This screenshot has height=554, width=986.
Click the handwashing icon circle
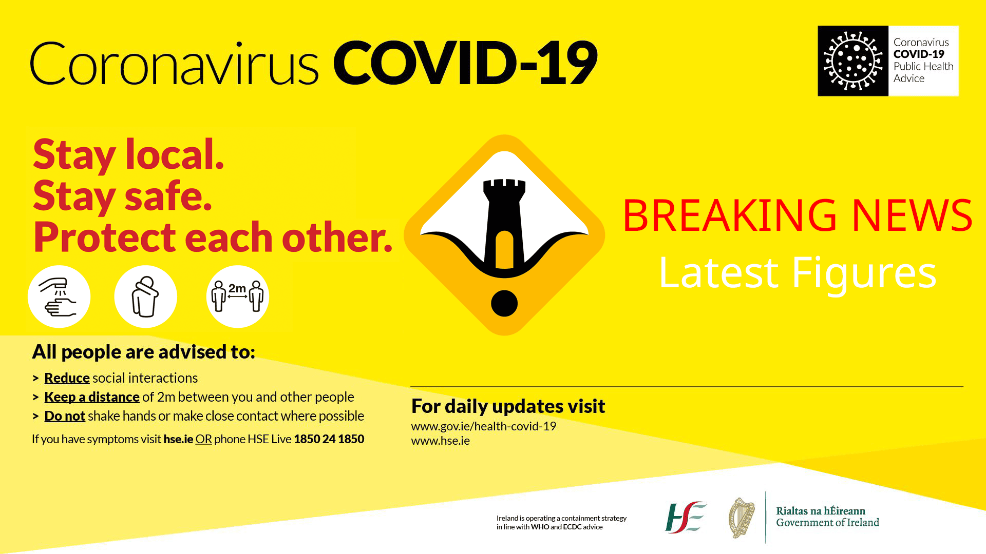(59, 296)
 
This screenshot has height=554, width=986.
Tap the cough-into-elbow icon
(146, 296)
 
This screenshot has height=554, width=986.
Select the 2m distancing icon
(238, 296)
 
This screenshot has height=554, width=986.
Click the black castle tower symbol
(504, 223)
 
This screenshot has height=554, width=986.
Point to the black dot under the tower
(504, 303)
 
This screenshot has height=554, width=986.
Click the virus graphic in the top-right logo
(853, 61)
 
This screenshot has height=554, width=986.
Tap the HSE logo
(686, 518)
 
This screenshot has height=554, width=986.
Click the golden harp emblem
(742, 518)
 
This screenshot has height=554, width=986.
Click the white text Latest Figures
(798, 272)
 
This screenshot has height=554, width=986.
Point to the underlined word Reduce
(67, 378)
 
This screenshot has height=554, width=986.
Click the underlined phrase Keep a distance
(92, 397)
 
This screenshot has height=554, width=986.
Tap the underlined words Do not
(65, 416)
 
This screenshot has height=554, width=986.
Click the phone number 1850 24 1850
(329, 439)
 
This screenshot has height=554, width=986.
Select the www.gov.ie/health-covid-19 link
(484, 426)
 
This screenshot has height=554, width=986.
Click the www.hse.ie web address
(441, 441)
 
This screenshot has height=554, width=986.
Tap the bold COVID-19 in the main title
(465, 63)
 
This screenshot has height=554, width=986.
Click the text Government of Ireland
(827, 523)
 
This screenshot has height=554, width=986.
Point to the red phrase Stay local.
(128, 154)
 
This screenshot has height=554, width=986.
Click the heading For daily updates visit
(508, 406)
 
